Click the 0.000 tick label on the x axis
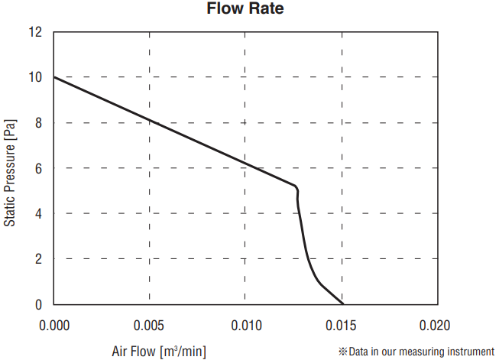[x=54, y=326]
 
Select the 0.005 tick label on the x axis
[x=150, y=326]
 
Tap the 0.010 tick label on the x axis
[x=245, y=326]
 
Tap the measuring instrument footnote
[x=416, y=352]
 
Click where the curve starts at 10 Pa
[x=54, y=77]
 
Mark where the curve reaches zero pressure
[x=343, y=304]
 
